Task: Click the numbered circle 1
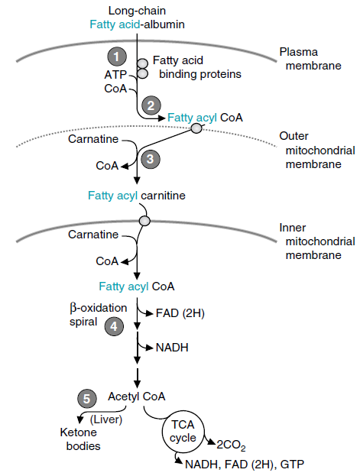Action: [x=116, y=56]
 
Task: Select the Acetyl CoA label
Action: [x=136, y=397]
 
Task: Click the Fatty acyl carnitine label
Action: [x=135, y=196]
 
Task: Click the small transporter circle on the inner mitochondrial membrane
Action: [x=144, y=221]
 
